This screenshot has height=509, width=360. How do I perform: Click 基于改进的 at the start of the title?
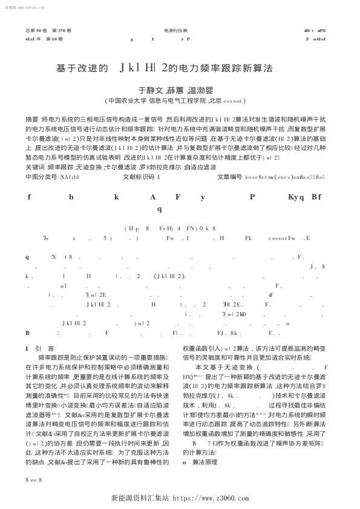(82, 68)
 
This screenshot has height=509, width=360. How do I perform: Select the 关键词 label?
(34, 166)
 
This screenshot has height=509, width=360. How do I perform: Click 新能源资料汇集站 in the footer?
(143, 499)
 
